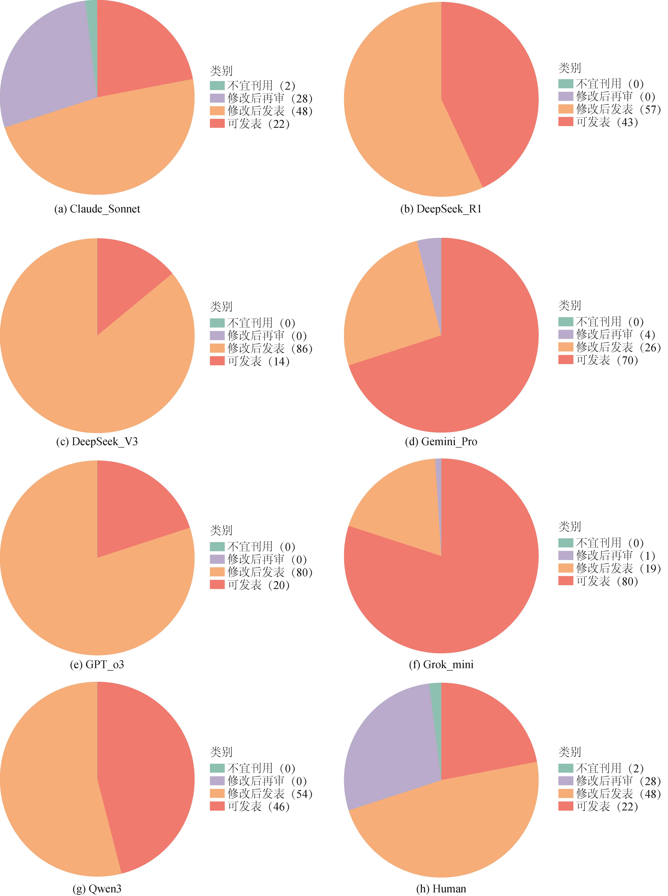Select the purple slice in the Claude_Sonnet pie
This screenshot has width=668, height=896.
(x=49, y=65)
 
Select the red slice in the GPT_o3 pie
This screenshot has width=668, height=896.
(x=129, y=510)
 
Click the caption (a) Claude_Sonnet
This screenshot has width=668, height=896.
(x=97, y=209)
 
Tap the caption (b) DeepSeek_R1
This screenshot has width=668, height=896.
(x=441, y=209)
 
